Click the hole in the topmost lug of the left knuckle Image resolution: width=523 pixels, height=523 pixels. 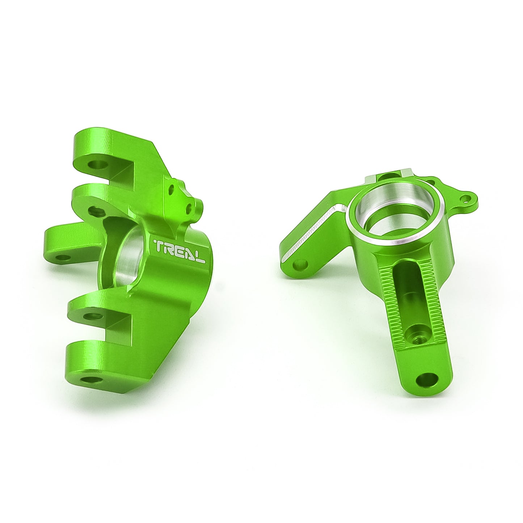tap(97, 164)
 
